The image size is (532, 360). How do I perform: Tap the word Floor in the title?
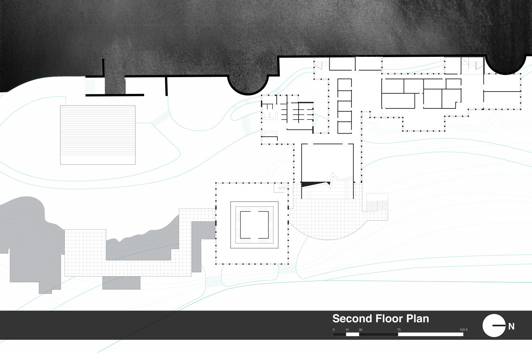pos(390,319)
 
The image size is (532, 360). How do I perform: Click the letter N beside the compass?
pos(511,326)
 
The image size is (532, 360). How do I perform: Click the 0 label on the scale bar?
pos(333,330)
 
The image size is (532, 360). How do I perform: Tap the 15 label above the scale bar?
pos(347,330)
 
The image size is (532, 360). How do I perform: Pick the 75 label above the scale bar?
pos(399,330)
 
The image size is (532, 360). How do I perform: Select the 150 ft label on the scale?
pos(464,330)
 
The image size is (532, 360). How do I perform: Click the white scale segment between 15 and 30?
pos(353,334)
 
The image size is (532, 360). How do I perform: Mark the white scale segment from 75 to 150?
pos(431,334)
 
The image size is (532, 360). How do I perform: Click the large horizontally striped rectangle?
pos(98,135)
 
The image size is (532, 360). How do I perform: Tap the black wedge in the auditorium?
pos(312,184)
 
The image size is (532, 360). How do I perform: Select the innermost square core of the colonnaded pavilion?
pos(254,225)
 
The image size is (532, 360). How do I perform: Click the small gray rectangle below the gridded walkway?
pos(121,283)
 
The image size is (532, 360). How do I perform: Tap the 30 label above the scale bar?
pos(360,330)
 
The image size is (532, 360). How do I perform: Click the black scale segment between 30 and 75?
pos(379,334)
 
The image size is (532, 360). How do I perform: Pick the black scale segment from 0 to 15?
pos(339,334)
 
